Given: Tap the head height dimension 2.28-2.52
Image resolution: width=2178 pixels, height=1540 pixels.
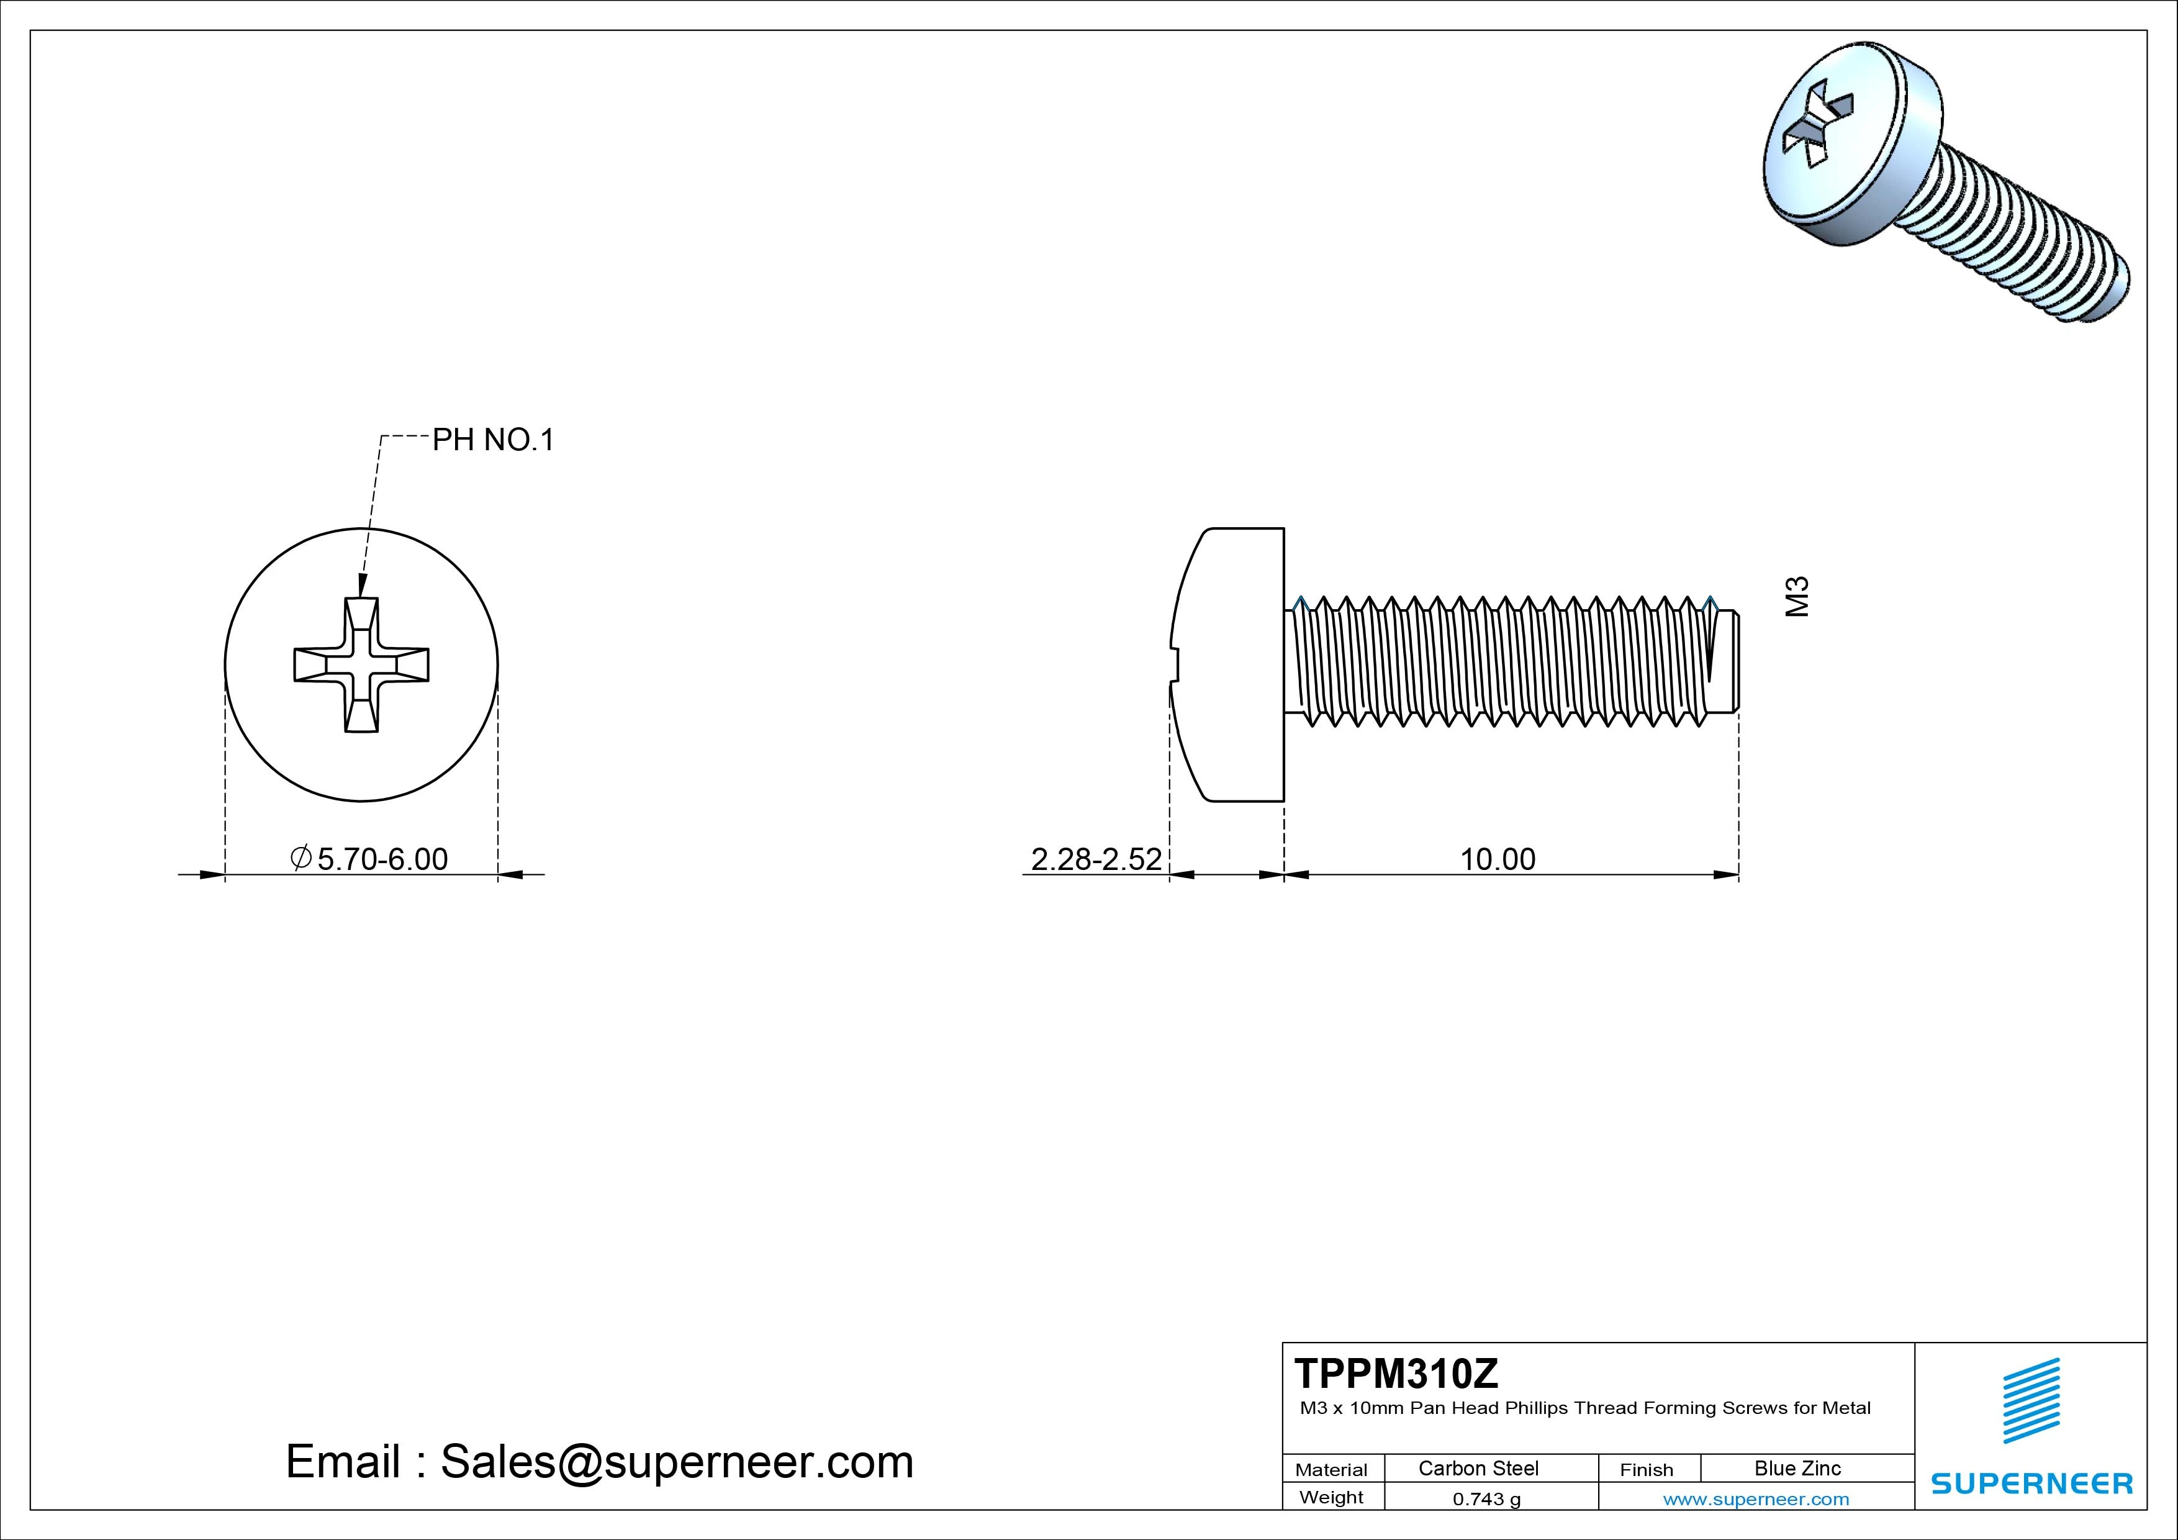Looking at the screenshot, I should [x=1096, y=859].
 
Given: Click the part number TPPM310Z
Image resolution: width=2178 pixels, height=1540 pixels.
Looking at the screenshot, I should [x=1396, y=1373].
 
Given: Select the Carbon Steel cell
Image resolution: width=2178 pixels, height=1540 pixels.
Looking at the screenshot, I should [x=1478, y=1468].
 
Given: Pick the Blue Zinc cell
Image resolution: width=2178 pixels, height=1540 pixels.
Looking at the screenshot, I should [x=1797, y=1468].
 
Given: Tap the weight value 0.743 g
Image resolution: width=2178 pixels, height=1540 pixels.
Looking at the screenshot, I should [x=1486, y=1499].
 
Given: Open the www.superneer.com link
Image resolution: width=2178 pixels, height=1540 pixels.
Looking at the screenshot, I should [x=1756, y=1499].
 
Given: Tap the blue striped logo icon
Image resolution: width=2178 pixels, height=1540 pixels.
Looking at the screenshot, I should [x=2031, y=1400].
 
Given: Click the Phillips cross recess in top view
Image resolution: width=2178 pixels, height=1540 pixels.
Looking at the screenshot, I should [x=361, y=665].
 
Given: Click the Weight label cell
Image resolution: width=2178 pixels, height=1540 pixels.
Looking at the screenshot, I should [x=1331, y=1497].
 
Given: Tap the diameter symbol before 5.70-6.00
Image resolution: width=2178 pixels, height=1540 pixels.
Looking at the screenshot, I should [x=300, y=858].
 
